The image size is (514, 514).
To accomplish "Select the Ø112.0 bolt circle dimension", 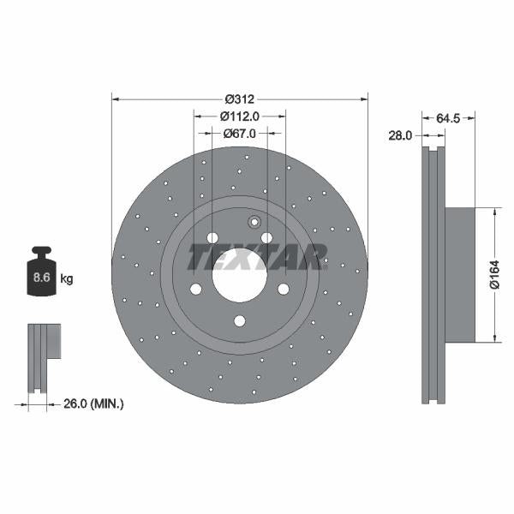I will [x=239, y=116].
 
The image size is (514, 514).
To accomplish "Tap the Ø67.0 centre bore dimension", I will [x=241, y=134].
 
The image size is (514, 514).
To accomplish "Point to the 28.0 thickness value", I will [x=400, y=135].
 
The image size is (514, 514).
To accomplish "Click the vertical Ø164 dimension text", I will [x=494, y=275].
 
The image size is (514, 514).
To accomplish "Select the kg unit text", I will [x=67, y=278].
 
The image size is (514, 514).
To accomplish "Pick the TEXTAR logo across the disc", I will [x=257, y=256].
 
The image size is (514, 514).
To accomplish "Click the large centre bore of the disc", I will [x=239, y=276].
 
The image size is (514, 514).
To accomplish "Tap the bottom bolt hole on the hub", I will [x=240, y=321].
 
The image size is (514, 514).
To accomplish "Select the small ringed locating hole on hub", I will [x=253, y=223].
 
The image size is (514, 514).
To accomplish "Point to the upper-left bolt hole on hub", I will [x=212, y=237].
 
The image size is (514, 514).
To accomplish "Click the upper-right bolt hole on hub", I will [x=266, y=237].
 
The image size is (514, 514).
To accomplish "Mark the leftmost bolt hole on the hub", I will [x=195, y=289].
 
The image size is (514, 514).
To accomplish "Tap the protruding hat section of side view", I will [x=459, y=274].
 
